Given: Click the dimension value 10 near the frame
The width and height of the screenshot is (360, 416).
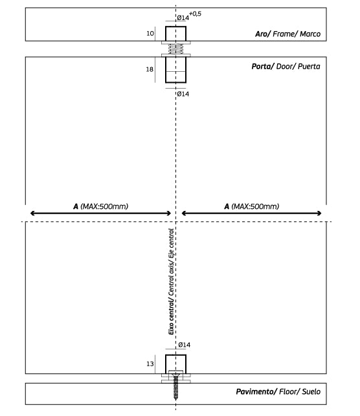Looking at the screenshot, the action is [150, 34].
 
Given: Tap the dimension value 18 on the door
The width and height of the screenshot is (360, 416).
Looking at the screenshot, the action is [150, 69].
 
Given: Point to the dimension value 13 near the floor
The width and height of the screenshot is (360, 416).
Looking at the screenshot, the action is [150, 364].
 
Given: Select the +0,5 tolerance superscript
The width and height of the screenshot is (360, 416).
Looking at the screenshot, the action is [195, 14].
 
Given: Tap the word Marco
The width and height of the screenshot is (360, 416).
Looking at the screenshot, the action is [310, 34].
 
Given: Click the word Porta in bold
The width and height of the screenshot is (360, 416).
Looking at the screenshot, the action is [262, 67].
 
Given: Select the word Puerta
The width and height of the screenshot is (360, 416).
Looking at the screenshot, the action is [309, 67].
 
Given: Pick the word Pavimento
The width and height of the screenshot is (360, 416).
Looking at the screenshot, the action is [256, 391].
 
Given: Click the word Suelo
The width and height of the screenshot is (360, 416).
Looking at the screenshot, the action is [311, 391].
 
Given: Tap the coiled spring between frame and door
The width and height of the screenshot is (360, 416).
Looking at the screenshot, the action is [175, 49].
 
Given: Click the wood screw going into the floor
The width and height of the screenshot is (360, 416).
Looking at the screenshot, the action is [175, 386].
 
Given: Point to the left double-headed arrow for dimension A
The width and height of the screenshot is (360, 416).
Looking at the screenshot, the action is [100, 213].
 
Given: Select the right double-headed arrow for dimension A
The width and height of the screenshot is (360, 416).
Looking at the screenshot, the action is [251, 213].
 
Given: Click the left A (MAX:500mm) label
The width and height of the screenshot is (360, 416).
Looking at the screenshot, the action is [100, 206].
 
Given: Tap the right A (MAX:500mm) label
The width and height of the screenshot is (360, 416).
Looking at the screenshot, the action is [252, 206].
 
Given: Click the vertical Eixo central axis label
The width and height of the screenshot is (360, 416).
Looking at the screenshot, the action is [171, 281].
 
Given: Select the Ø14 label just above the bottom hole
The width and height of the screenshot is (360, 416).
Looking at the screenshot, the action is [185, 345].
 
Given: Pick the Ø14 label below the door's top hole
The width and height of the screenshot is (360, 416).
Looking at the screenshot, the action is [183, 94].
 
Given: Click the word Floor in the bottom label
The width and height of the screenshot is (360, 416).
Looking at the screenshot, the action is [288, 391].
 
